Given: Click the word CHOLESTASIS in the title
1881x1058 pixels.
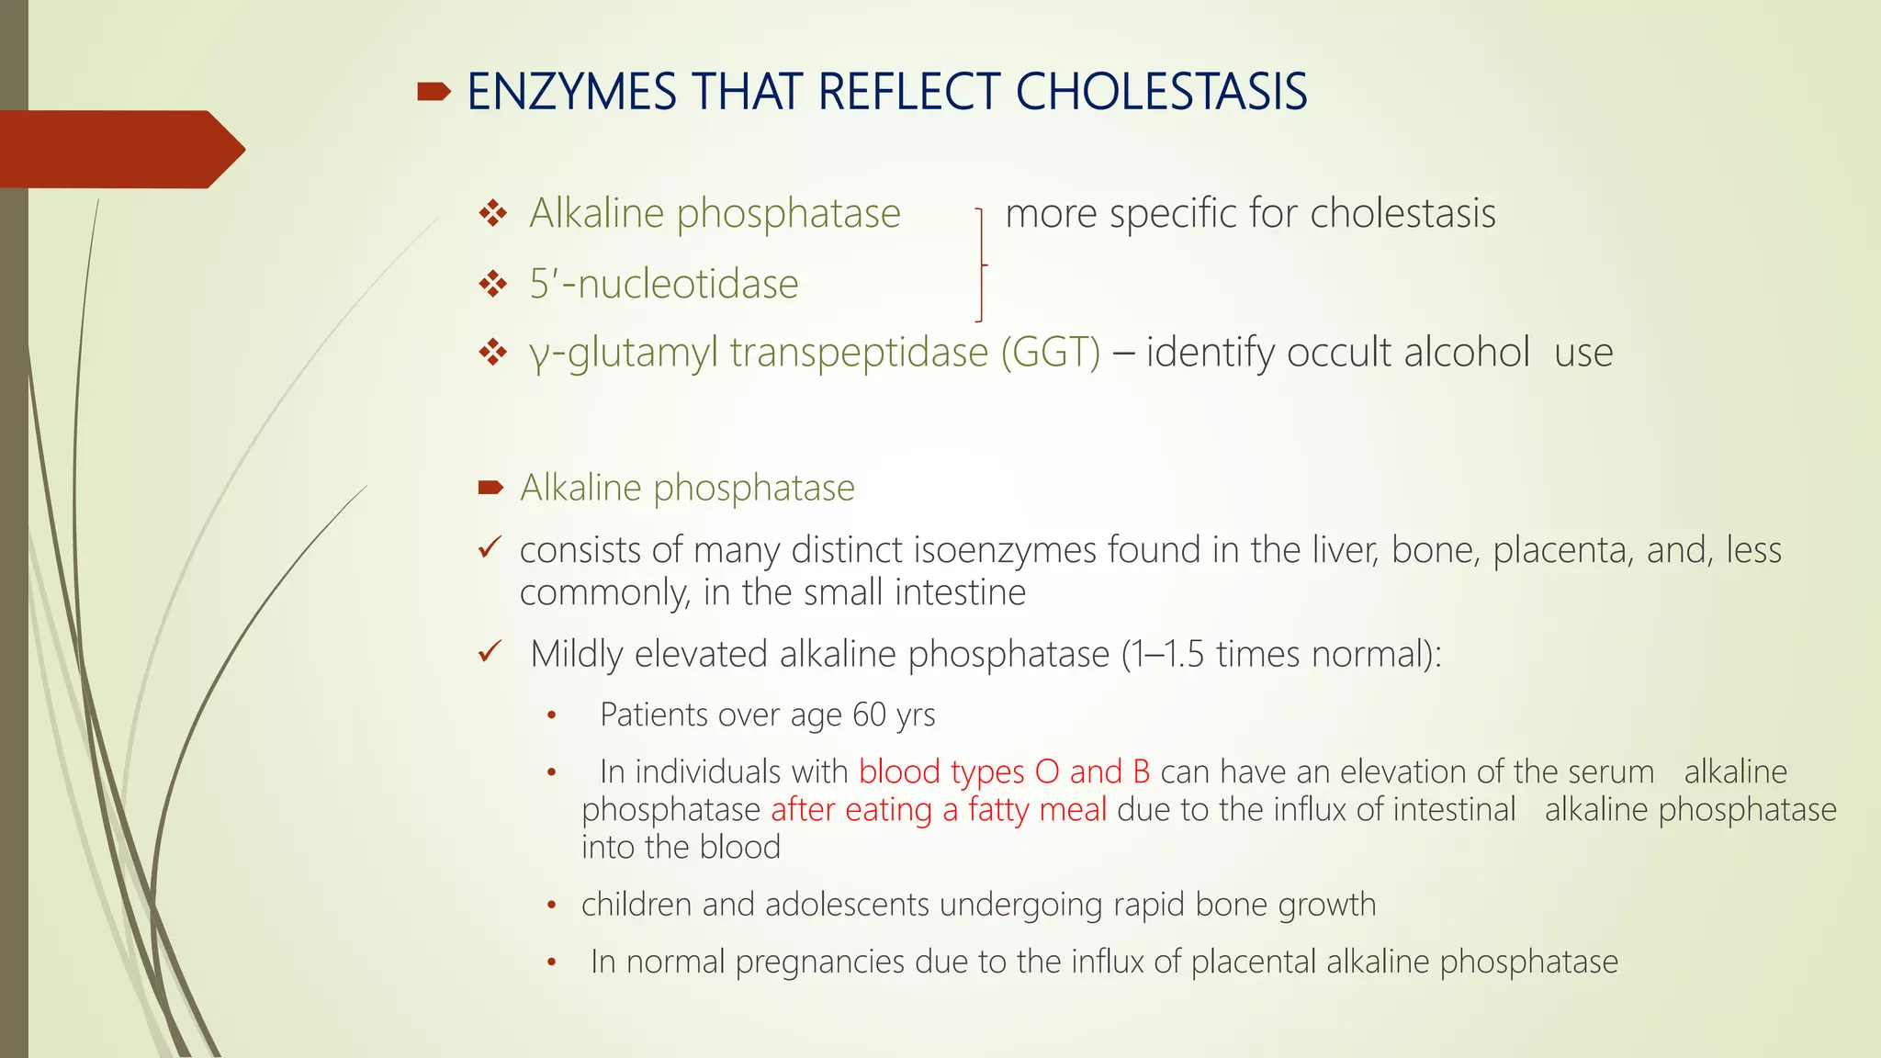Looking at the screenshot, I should [x=1161, y=92].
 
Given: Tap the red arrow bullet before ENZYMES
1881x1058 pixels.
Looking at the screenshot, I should [x=434, y=91].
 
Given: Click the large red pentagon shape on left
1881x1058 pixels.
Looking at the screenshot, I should [x=119, y=149].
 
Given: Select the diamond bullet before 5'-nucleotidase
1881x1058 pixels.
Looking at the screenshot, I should [x=493, y=284].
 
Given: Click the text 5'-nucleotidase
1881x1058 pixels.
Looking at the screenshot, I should [x=663, y=284].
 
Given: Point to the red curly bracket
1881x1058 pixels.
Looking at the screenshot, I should [x=981, y=264].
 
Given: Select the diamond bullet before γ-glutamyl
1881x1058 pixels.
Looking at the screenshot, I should [x=493, y=353].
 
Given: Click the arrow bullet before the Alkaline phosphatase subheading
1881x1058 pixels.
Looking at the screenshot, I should [x=490, y=488].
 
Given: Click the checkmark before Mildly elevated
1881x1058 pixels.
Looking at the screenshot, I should [x=489, y=653].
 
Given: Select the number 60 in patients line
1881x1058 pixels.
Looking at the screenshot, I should [x=869, y=715].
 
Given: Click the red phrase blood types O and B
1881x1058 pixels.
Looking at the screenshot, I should [x=1004, y=771].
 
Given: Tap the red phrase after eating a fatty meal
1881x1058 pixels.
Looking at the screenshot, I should [x=938, y=810].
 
